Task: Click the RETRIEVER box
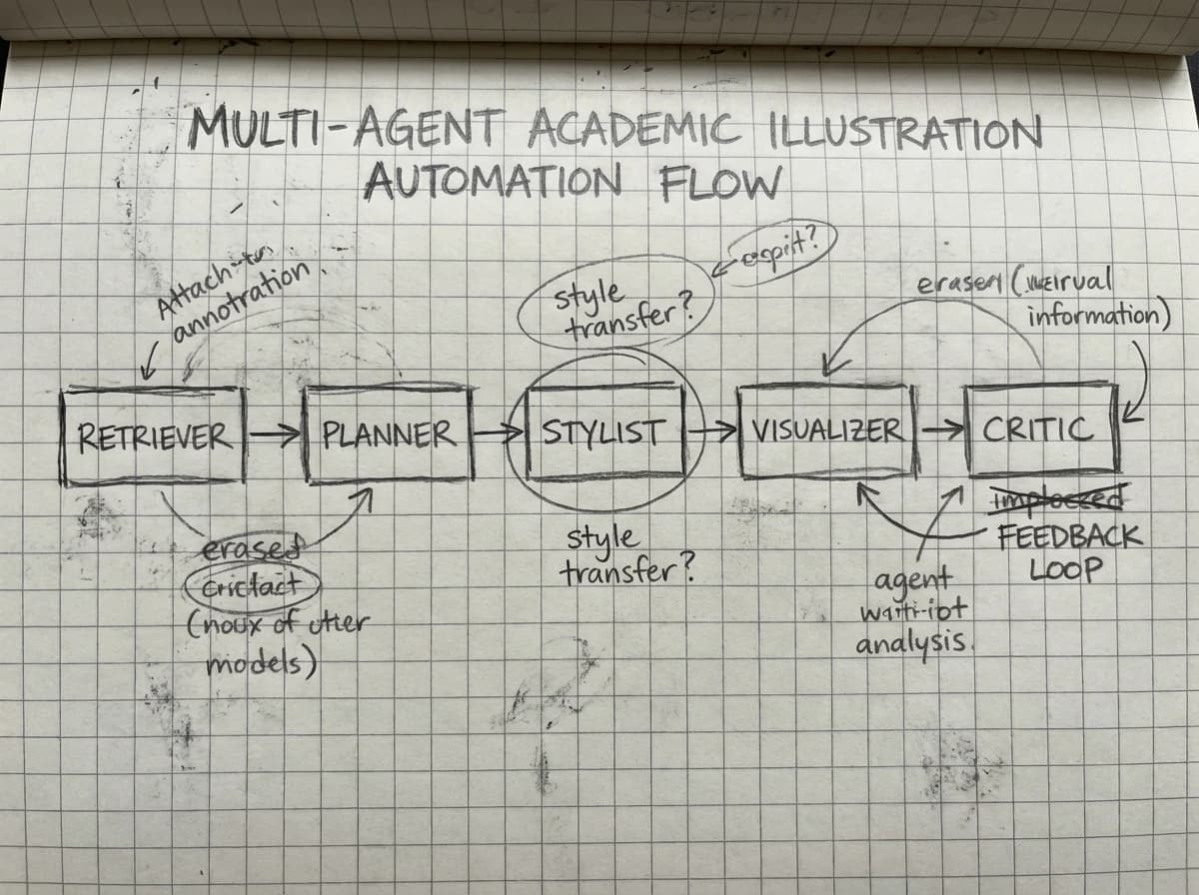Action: (x=154, y=435)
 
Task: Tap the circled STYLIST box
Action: (x=604, y=433)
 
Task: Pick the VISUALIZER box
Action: (x=825, y=431)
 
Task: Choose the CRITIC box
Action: (x=1039, y=430)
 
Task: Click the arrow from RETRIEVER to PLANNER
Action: (x=274, y=435)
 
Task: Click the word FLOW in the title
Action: (x=718, y=183)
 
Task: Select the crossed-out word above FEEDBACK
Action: (x=1057, y=496)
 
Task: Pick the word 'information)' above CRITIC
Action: (x=1097, y=318)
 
